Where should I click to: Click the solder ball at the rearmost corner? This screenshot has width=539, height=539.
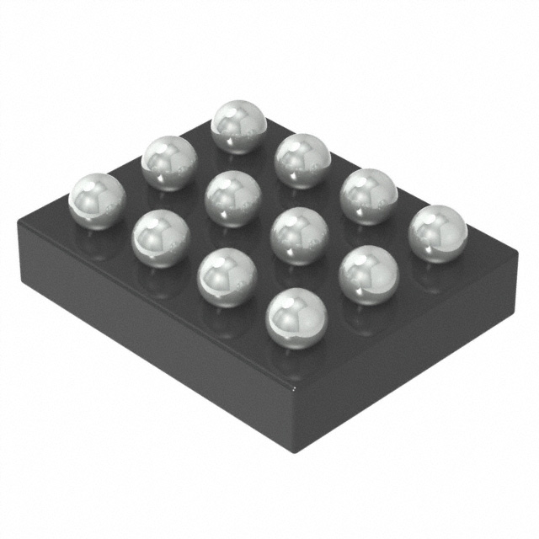coord(238,126)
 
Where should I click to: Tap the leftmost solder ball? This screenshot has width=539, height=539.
coord(96,200)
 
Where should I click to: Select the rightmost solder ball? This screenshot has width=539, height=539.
coord(437,233)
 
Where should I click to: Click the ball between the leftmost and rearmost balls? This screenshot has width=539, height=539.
coord(168,162)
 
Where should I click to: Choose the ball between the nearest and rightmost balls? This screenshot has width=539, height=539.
coord(368,273)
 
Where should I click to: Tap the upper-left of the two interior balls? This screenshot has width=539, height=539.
coord(232,199)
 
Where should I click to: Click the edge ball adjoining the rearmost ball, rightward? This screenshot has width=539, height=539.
coord(302,160)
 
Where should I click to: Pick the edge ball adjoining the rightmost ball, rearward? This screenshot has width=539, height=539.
coord(368,195)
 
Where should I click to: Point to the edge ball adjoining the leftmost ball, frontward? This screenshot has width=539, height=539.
coord(160,237)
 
